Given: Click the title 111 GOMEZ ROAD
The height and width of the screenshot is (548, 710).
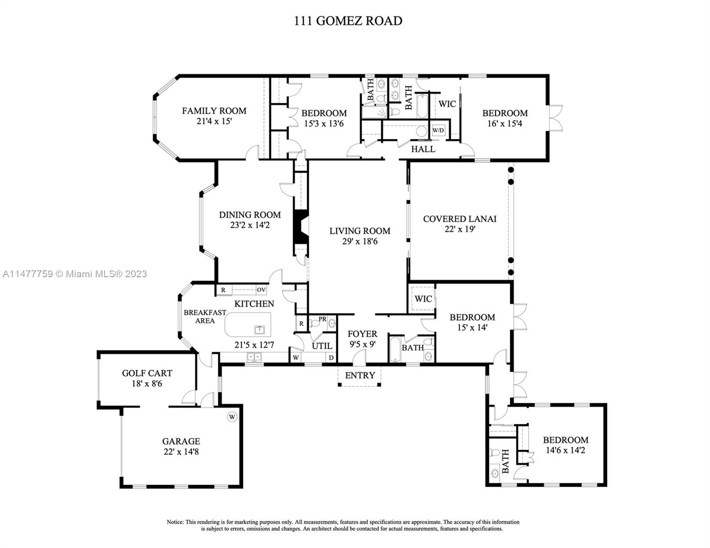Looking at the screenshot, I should pos(348,21).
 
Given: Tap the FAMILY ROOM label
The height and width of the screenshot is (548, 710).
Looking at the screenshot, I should pos(214,111).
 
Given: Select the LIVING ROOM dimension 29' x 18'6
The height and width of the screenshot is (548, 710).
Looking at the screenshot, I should pos(360,241).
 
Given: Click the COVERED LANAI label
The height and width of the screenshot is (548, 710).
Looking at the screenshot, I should pos(459,219).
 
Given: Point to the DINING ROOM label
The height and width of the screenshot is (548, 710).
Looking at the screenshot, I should pos(250,215).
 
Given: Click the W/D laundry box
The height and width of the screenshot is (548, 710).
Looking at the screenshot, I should pos(438,131).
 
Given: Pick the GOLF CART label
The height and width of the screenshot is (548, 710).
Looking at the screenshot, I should pos(147,373).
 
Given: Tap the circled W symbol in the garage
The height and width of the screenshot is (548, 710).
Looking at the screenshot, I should pos(232,417).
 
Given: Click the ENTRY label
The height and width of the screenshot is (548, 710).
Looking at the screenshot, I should pos(360,375).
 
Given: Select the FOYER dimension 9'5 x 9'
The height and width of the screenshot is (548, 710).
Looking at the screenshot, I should pos(363,344).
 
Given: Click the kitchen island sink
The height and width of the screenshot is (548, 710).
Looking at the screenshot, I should pos(259,330).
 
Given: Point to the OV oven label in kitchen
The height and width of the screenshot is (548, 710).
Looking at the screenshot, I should pos(261,290).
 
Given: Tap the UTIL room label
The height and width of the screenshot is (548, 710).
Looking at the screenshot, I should pos(322,346).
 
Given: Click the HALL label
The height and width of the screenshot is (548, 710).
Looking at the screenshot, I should pos(423,149).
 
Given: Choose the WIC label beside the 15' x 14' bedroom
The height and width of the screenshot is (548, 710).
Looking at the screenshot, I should pos(423,299).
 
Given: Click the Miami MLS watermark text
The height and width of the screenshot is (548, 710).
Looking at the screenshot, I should pos(75,274).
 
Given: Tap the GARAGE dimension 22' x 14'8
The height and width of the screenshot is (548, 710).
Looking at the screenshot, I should pos(181,452).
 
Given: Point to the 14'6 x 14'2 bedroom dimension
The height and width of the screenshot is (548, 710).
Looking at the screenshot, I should pos(566,450).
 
